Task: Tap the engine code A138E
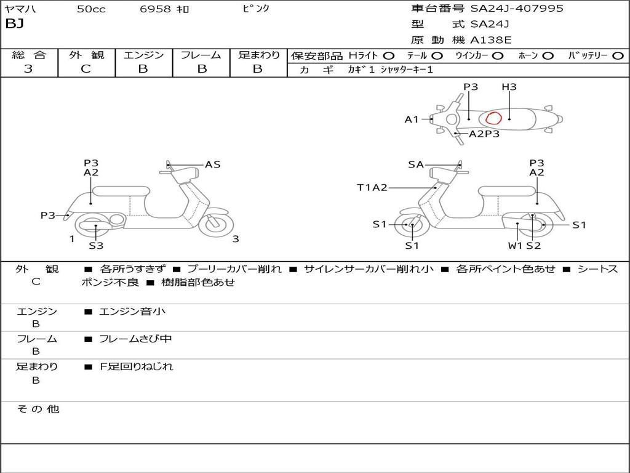pyautogui.click(x=491, y=40)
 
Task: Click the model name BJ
pyautogui.click(x=14, y=24)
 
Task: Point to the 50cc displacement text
pyautogui.click(x=91, y=9)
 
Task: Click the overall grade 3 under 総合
pyautogui.click(x=28, y=69)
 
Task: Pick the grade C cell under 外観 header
pyautogui.click(x=86, y=69)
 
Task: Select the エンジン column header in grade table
pyautogui.click(x=143, y=55)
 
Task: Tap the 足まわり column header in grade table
pyautogui.click(x=258, y=55)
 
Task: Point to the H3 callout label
pyautogui.click(x=509, y=87)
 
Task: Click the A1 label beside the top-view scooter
pyautogui.click(x=412, y=119)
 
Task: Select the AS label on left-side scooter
pyautogui.click(x=213, y=164)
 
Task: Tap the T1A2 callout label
pyautogui.click(x=372, y=188)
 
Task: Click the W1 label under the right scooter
pyautogui.click(x=515, y=246)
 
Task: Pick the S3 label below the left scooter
pyautogui.click(x=96, y=246)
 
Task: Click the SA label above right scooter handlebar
pyautogui.click(x=416, y=164)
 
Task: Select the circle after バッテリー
pyautogui.click(x=618, y=55)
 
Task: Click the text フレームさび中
pyautogui.click(x=136, y=339)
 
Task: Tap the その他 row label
pyautogui.click(x=38, y=409)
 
